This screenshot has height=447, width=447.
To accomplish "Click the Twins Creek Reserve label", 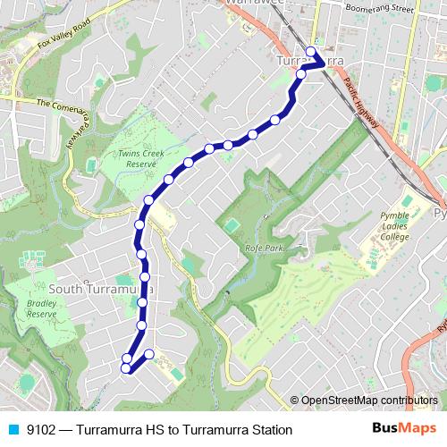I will pos(142,158).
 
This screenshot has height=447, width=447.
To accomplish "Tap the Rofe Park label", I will pos(257,248).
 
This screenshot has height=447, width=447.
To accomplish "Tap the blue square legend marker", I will pos(13,430).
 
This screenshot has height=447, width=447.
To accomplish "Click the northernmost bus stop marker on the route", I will pos(310,51).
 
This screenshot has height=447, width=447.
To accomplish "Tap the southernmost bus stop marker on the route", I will pos(126,367).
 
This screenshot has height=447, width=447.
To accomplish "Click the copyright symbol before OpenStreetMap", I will pos(294,401).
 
